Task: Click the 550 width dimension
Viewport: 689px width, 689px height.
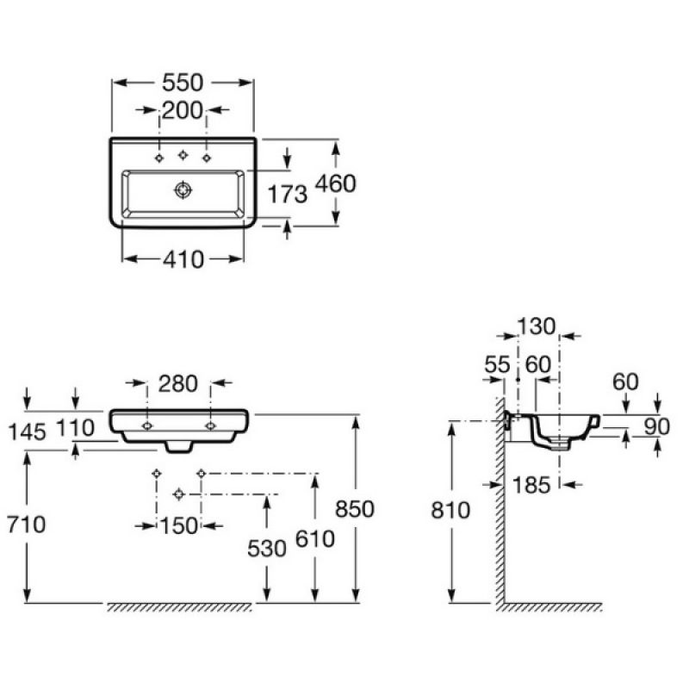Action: point(183,83)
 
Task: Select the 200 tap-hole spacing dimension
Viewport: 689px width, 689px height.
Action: point(183,110)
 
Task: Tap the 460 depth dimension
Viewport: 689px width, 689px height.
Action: point(336,183)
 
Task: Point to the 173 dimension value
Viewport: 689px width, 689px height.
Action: point(288,195)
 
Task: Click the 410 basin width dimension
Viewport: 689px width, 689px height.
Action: point(183,259)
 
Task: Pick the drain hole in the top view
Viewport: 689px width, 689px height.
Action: point(183,189)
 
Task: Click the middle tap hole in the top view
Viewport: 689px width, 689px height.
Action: point(183,155)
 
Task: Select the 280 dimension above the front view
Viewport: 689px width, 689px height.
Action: point(178,383)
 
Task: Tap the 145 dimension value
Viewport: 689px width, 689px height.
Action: point(27,432)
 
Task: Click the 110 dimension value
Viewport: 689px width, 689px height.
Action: point(75,427)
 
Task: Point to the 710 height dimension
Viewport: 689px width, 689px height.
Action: point(26,525)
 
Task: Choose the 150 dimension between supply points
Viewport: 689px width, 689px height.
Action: point(179,525)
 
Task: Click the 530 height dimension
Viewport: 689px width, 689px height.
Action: point(267,549)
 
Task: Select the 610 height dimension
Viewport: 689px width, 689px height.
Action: point(315,539)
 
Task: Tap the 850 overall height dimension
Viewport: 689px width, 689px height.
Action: point(355,509)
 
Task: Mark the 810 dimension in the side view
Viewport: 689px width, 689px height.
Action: point(450,510)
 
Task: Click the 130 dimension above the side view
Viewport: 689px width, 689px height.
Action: point(537,326)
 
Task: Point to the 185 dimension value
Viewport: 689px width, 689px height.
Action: point(531,485)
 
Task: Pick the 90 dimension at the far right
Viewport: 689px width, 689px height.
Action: point(657,426)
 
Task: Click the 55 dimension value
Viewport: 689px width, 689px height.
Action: point(498,364)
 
